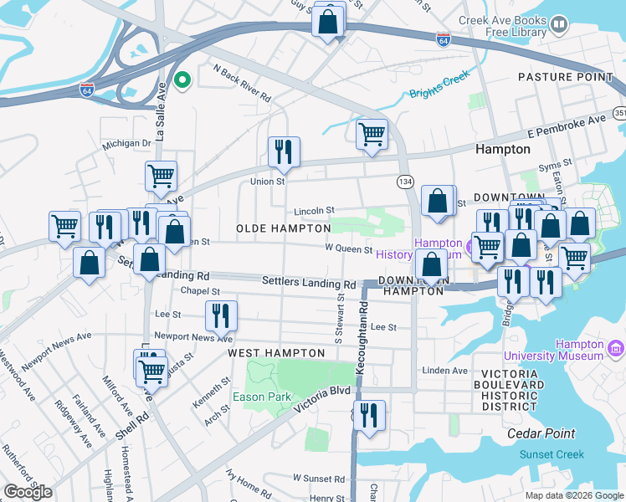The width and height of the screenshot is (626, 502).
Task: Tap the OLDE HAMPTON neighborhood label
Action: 284,228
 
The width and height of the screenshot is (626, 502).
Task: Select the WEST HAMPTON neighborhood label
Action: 276,353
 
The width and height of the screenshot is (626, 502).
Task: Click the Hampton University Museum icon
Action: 616,346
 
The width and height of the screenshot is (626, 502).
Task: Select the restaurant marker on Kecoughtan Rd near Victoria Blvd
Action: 367,414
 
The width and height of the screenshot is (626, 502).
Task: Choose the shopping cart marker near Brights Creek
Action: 372,133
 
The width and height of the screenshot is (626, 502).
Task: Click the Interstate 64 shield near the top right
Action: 444,39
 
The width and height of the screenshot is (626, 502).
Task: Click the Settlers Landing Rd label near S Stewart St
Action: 302,284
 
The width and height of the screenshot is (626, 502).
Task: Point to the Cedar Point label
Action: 541,433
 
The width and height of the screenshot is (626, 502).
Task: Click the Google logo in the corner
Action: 28,492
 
